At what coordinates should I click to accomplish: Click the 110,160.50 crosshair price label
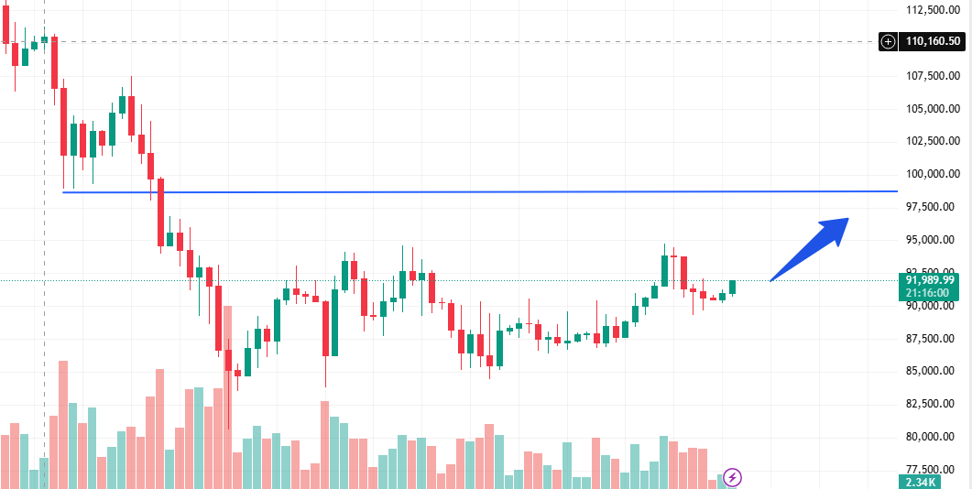(x=933, y=41)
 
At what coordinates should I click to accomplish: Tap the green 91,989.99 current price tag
(x=931, y=280)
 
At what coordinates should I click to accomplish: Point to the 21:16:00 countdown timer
(x=931, y=293)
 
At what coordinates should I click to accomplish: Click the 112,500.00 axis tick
(x=933, y=10)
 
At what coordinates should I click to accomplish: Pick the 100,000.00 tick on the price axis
(x=933, y=174)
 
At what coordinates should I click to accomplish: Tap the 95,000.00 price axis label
(x=933, y=240)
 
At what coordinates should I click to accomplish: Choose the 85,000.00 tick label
(x=933, y=371)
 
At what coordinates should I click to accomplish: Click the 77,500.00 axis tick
(x=933, y=469)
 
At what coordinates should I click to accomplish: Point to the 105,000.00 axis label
(x=933, y=109)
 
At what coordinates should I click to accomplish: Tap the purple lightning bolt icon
(x=732, y=477)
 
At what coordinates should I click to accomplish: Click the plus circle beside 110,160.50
(x=888, y=41)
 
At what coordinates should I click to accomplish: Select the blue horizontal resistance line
(x=458, y=191)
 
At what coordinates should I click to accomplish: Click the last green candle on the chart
(x=732, y=287)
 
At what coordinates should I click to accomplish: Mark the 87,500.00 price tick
(x=933, y=338)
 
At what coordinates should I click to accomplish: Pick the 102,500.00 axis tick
(x=933, y=141)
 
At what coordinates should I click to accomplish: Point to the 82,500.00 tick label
(x=933, y=404)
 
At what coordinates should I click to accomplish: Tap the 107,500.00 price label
(x=933, y=76)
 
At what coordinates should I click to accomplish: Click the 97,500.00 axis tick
(x=933, y=207)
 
